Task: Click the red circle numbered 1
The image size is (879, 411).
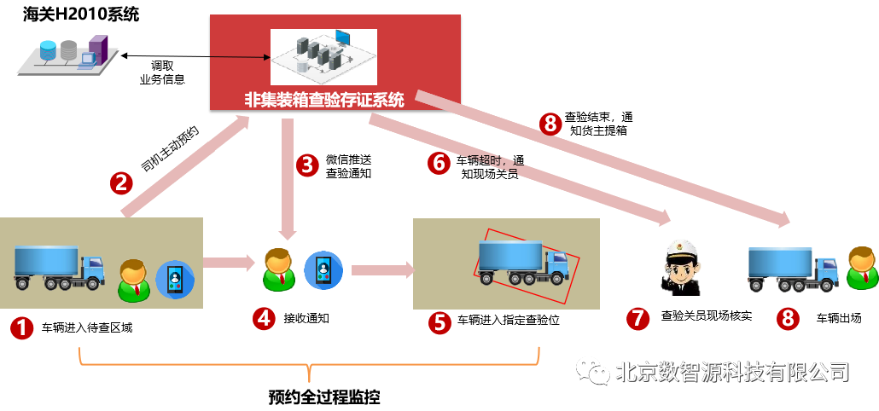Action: [x=21, y=327]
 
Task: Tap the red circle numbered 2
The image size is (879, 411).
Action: [x=121, y=182]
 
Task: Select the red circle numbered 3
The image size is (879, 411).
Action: [x=307, y=165]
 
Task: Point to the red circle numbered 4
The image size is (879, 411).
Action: [x=264, y=318]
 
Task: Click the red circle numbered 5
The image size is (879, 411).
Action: [x=439, y=322]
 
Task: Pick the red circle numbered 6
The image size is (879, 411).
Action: [x=439, y=163]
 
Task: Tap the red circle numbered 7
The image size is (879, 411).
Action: [x=637, y=318]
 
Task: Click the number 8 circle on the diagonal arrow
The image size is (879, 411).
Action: [x=550, y=124]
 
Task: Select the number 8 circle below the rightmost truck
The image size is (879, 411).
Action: [x=788, y=319]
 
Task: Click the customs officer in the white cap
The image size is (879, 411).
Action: [x=681, y=266]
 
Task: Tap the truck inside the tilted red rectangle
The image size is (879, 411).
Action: [x=523, y=262]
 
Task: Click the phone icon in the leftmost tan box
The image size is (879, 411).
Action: [x=175, y=279]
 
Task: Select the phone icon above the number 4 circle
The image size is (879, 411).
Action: [x=323, y=270]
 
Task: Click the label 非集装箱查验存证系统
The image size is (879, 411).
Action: [x=324, y=99]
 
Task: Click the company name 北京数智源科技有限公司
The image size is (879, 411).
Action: [x=732, y=372]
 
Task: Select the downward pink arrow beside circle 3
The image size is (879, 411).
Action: [x=288, y=178]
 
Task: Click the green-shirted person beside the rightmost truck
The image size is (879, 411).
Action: [x=862, y=269]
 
